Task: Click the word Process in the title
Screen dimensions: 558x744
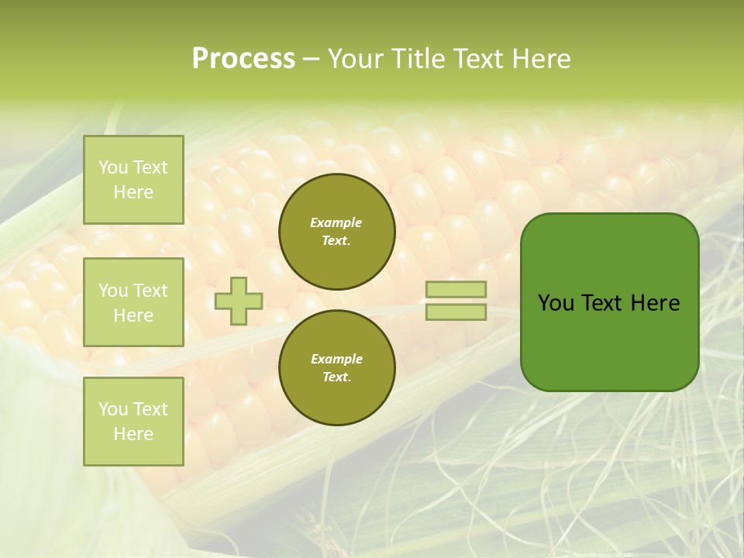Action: [243, 59]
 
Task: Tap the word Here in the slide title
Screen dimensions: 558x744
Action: [539, 59]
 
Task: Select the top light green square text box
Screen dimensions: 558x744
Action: [133, 180]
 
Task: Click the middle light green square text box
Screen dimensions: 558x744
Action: [133, 302]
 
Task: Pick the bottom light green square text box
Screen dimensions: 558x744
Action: [133, 421]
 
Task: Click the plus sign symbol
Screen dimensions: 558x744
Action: [239, 301]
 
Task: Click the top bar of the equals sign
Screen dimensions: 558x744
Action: [456, 289]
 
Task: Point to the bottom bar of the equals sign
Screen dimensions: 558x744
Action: [456, 312]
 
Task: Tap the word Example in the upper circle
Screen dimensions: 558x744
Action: [336, 222]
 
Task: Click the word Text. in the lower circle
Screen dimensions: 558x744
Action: [336, 377]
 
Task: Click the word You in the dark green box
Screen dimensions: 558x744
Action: [556, 303]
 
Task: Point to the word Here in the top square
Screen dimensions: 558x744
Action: [133, 192]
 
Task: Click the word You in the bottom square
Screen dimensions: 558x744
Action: [113, 408]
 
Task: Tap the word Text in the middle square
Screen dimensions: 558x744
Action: [150, 291]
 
